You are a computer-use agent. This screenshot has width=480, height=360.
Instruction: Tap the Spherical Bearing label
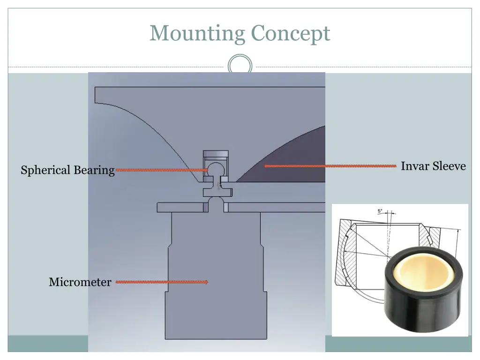[67, 170]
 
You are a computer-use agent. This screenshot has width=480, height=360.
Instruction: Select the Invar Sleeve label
[433, 166]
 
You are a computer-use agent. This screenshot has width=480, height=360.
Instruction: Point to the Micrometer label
[80, 282]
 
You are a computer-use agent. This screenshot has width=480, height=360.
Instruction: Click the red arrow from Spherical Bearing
[162, 170]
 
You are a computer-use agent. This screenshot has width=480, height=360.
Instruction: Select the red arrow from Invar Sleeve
[330, 165]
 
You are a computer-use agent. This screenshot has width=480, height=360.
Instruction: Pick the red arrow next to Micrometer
[162, 282]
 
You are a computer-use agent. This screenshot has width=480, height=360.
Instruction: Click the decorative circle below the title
[240, 65]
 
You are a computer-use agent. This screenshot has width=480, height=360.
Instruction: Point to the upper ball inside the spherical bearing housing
[215, 168]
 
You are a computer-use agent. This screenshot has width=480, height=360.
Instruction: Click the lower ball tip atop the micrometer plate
[216, 202]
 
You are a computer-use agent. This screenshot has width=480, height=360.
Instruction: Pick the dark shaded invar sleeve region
[295, 162]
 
